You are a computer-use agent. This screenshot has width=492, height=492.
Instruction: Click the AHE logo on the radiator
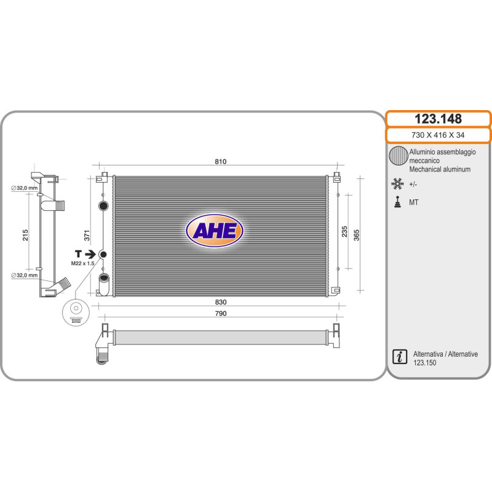(x=215, y=231)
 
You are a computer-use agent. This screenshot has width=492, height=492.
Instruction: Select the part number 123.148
(x=438, y=119)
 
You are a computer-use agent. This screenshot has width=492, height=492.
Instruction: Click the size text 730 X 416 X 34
(x=438, y=135)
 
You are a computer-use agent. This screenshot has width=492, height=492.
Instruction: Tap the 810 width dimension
(x=221, y=162)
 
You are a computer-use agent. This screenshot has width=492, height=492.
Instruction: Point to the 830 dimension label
(x=221, y=302)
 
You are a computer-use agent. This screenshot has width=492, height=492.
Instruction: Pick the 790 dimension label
(x=221, y=314)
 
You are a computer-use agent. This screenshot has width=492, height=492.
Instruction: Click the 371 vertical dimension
(x=87, y=236)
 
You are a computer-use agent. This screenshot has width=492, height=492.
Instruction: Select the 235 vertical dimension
(x=344, y=232)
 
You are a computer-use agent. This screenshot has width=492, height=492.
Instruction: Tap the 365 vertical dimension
(x=357, y=235)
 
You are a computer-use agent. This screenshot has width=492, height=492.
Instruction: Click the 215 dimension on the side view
(x=25, y=235)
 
